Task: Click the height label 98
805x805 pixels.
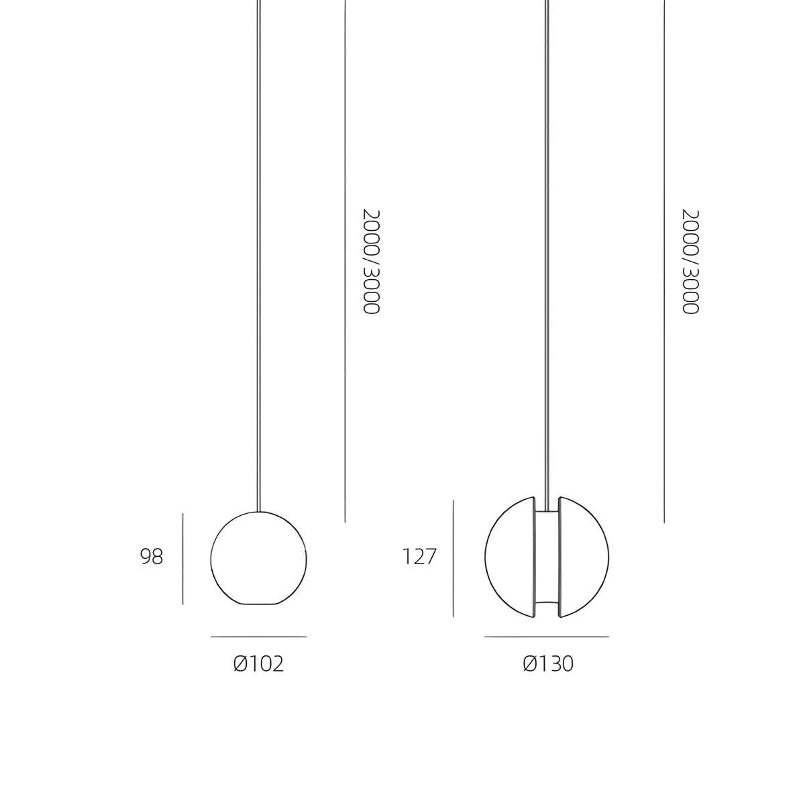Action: click(151, 556)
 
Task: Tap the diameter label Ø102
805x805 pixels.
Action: click(258, 664)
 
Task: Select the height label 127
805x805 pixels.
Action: click(419, 556)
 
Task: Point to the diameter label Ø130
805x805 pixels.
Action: click(548, 664)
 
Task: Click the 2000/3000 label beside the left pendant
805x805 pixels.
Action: click(371, 262)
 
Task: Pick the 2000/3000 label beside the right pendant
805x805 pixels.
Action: click(690, 262)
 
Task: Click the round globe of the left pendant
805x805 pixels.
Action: click(211, 559)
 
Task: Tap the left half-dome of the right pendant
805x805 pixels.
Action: click(486, 557)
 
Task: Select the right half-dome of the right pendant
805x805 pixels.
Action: click(608, 557)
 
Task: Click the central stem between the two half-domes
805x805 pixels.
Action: click(547, 557)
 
